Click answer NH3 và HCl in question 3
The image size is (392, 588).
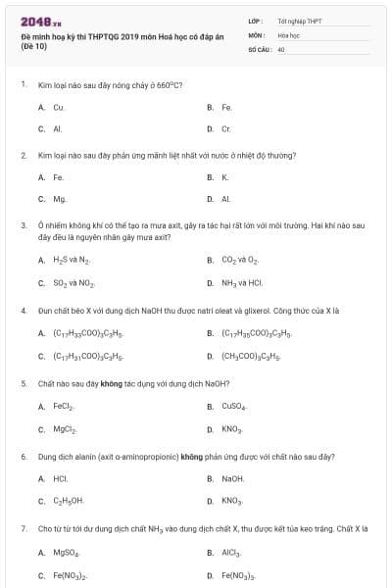point(242,283)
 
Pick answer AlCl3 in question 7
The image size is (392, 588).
point(231,553)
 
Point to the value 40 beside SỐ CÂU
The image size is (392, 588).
point(281,48)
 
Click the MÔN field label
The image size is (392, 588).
point(257,34)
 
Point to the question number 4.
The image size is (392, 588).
point(23,311)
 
